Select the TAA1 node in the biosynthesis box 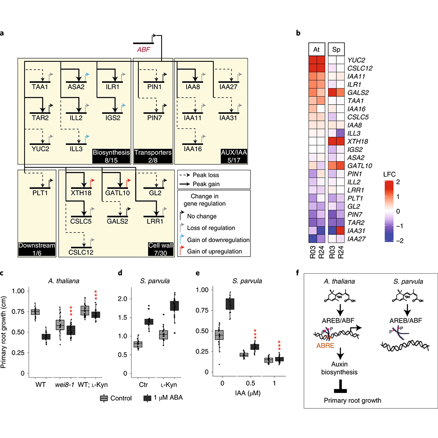[x=39, y=87]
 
